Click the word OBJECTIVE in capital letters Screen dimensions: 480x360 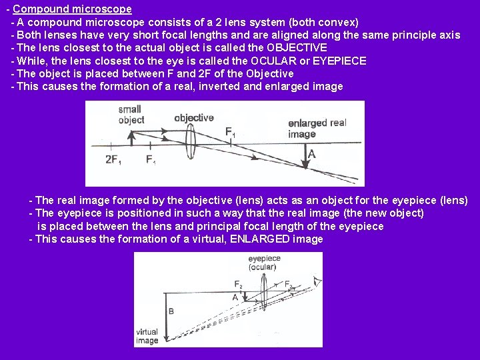tap(297, 47)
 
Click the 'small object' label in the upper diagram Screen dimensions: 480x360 tap(131, 115)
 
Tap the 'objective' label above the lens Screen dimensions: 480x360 tap(193, 118)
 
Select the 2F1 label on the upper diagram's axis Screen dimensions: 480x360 tap(113, 159)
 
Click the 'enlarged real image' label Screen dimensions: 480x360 tap(317, 128)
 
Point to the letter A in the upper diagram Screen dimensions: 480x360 tap(311, 154)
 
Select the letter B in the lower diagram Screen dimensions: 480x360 tap(171, 311)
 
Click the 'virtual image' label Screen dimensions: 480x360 tap(147, 336)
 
